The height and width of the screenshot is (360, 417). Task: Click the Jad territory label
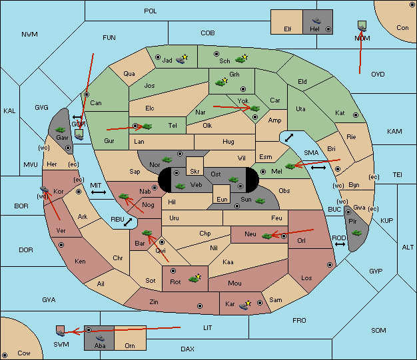coord(167,61)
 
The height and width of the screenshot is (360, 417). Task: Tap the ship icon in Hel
coord(316,21)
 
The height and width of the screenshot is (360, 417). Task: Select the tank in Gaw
coord(61,130)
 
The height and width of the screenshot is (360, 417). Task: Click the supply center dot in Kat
coord(356,115)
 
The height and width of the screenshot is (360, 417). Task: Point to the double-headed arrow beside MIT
coord(99,192)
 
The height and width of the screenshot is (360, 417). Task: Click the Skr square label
coord(195,172)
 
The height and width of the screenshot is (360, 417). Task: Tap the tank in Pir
coord(356,233)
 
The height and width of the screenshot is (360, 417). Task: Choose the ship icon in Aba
coord(101,337)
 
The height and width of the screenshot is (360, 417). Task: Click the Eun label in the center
coord(222,199)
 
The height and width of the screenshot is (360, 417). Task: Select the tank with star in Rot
coord(195,279)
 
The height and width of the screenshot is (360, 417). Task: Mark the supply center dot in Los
coord(330,265)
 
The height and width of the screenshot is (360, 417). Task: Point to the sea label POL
coord(151,11)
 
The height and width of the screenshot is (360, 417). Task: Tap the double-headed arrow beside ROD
coord(340,244)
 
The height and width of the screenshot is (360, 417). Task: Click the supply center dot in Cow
coord(5,355)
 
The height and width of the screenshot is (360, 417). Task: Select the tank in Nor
coord(167,160)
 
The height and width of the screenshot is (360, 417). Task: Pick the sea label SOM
coord(378,331)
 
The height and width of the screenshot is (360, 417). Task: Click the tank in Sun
coord(260,200)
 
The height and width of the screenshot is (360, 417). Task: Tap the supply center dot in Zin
coord(200,306)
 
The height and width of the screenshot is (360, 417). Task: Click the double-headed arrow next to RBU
coord(128,222)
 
